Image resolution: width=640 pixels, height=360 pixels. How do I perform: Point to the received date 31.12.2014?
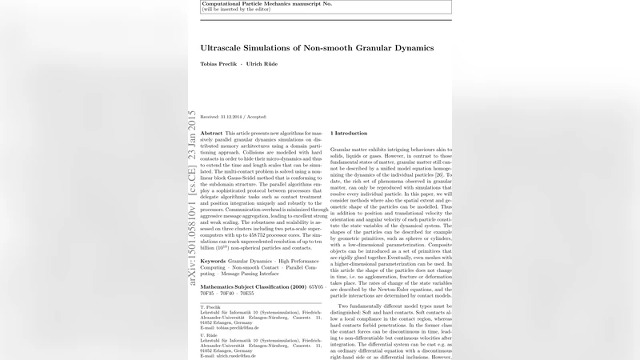click(230, 117)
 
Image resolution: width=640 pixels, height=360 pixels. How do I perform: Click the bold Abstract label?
click(211, 133)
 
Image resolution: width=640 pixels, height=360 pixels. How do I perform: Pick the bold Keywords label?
click(212, 261)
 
